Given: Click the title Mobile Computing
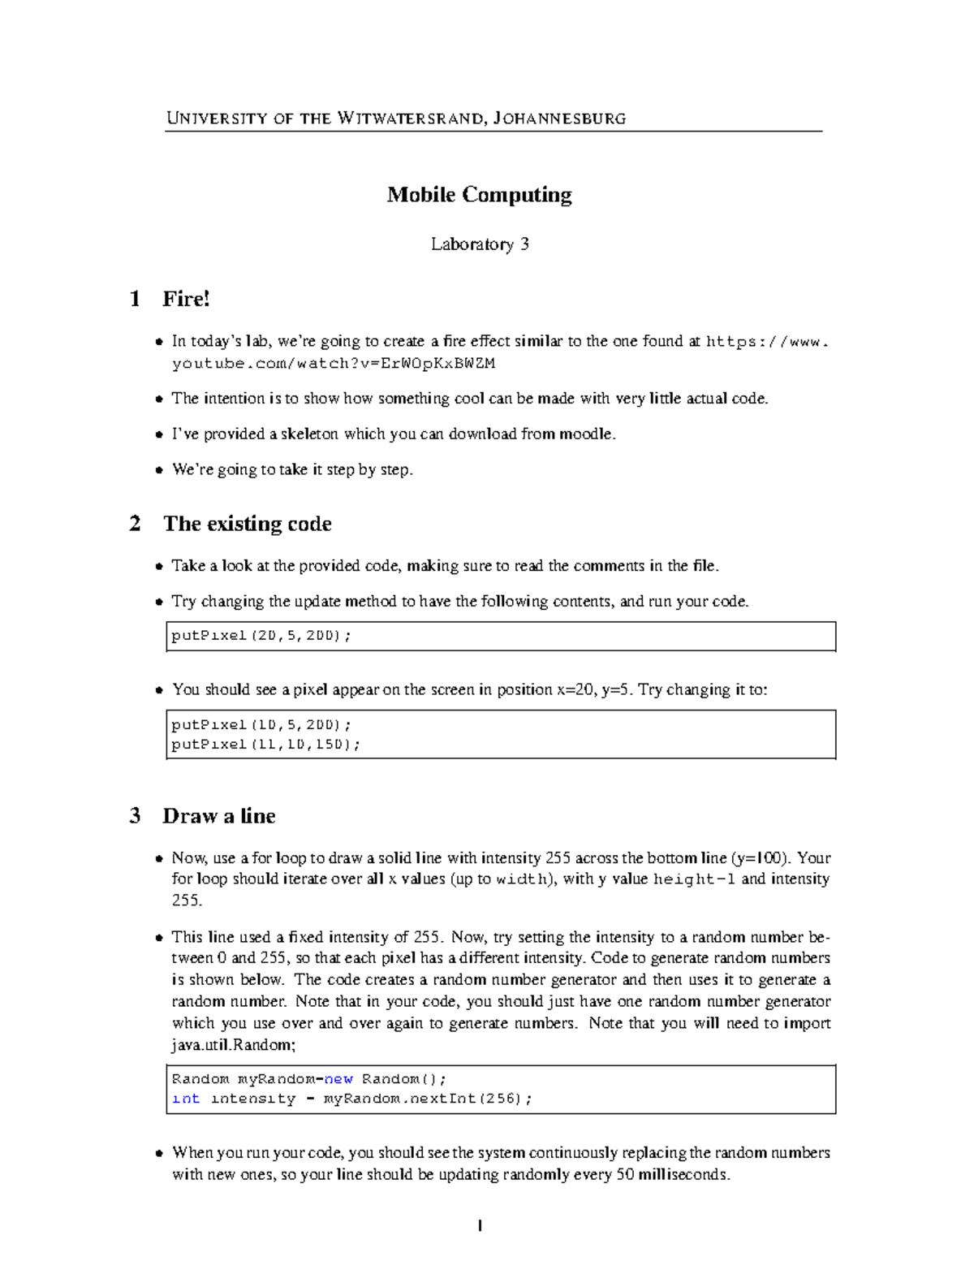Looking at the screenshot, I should point(479,195).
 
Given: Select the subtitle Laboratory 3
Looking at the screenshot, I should point(480,244).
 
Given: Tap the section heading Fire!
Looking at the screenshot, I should point(186,299).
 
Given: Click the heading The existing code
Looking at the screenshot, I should point(247,524).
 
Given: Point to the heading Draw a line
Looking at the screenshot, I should point(218,816).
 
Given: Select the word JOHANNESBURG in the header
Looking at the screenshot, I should point(559,119).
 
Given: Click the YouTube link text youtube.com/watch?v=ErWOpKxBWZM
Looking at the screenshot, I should point(333,363).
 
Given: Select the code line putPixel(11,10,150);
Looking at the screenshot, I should point(265,745).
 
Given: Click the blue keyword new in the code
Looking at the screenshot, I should point(338,1079).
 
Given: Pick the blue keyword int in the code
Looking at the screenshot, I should point(186,1099).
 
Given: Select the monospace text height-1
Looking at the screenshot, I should point(695,879).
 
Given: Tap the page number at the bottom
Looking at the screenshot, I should point(481,1226).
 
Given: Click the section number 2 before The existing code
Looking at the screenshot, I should point(135,524).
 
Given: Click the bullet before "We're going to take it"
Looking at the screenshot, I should point(159,470).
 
